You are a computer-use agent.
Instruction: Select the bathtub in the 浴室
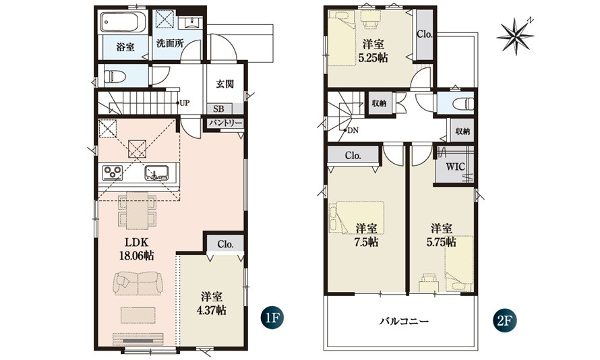click(123, 22)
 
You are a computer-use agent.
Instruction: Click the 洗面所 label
click(170, 43)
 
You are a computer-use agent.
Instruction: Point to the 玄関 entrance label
click(224, 84)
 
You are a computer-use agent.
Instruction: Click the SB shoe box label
click(218, 109)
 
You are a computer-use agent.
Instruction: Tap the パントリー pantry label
click(225, 123)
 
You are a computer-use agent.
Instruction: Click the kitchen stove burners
click(113, 172)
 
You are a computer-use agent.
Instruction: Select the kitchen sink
click(156, 173)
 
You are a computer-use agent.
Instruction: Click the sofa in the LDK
click(138, 283)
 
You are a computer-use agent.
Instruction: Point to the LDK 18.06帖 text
click(137, 249)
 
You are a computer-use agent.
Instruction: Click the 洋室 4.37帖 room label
click(211, 303)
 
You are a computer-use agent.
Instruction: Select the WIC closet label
click(455, 167)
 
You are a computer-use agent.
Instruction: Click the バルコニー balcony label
click(404, 321)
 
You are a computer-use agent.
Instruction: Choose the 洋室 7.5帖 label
click(367, 235)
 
